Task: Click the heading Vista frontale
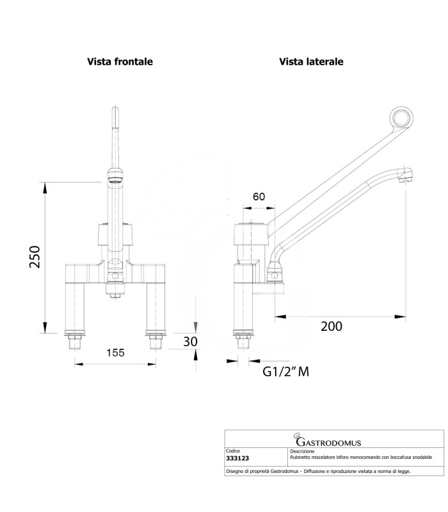(120, 62)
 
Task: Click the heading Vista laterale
(311, 62)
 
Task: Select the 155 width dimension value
(115, 352)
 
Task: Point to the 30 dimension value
(190, 342)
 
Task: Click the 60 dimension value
(258, 196)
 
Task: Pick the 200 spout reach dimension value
(331, 326)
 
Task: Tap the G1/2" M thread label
(286, 372)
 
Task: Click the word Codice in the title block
(234, 451)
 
